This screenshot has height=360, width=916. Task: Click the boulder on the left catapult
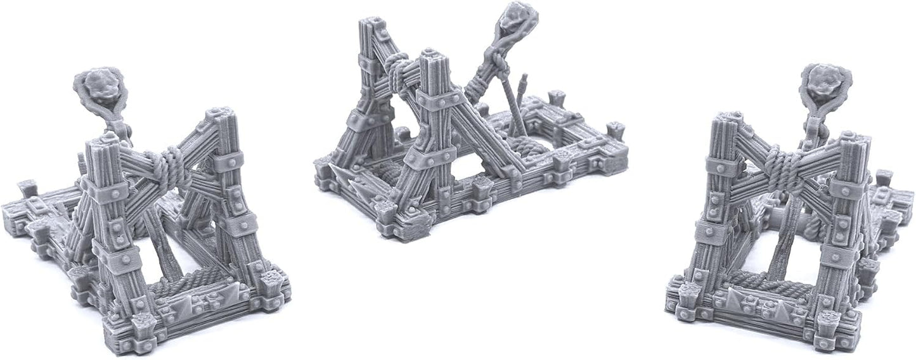pos(100,86)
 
